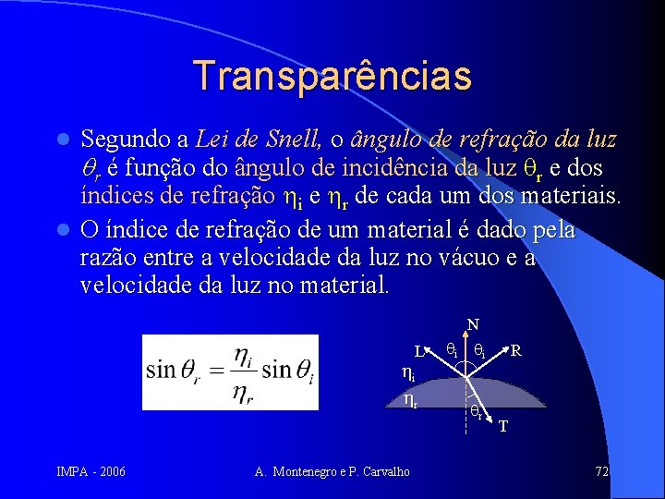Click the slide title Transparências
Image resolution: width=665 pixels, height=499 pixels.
[x=332, y=76]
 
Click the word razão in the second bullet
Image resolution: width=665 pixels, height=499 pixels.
[x=109, y=258]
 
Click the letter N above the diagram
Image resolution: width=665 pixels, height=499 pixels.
[x=472, y=324]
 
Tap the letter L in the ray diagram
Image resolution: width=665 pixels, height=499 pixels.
[x=417, y=352]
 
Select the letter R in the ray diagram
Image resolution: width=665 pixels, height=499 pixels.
[x=516, y=351]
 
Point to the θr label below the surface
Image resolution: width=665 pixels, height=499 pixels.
[x=475, y=412]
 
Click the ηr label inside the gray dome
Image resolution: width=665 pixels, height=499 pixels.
[x=410, y=400]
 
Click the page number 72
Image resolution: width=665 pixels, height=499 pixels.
[x=601, y=472]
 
